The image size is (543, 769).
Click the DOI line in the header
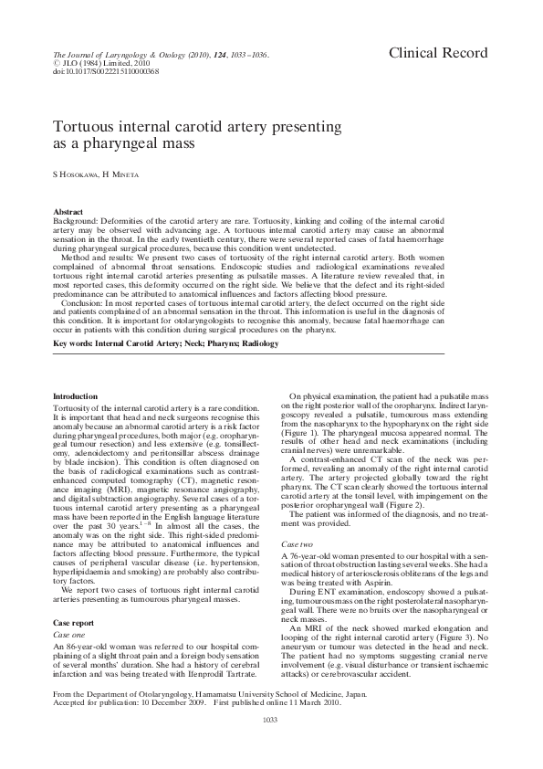(x=93, y=70)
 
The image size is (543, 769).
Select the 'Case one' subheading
(x=70, y=633)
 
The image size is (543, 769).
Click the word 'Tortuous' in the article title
(x=87, y=126)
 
